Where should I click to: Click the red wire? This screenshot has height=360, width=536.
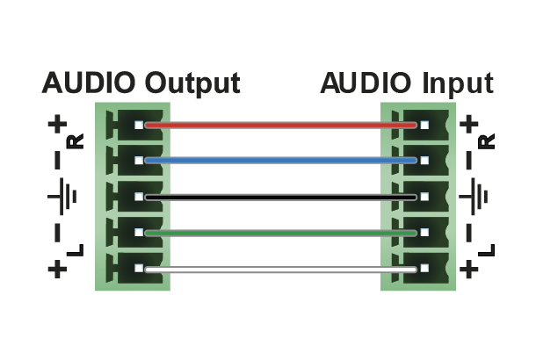(281, 126)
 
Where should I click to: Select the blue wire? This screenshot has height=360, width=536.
(281, 161)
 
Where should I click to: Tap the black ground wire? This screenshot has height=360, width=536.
(281, 197)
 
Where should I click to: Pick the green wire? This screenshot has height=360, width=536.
(281, 234)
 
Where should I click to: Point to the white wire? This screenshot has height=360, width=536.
(281, 270)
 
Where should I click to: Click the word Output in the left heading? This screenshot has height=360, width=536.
(192, 83)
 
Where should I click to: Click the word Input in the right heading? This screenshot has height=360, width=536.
(458, 83)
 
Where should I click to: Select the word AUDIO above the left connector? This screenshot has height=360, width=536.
(88, 83)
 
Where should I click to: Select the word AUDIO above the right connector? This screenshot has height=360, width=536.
(366, 83)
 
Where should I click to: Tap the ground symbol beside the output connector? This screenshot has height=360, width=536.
(62, 197)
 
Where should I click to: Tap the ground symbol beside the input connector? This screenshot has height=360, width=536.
(473, 197)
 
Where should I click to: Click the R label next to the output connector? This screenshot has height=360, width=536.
(76, 141)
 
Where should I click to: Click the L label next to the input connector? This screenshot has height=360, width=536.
(486, 250)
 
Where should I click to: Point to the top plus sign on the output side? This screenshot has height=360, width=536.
(57, 124)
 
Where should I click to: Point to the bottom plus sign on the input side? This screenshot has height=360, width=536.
(468, 270)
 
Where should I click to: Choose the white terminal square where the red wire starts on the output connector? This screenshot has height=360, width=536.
(139, 125)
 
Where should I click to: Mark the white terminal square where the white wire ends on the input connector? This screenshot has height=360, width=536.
(424, 269)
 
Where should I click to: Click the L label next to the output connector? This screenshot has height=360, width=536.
(76, 250)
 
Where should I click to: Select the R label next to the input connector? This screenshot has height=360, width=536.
(486, 141)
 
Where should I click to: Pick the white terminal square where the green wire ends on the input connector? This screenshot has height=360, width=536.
(424, 233)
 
